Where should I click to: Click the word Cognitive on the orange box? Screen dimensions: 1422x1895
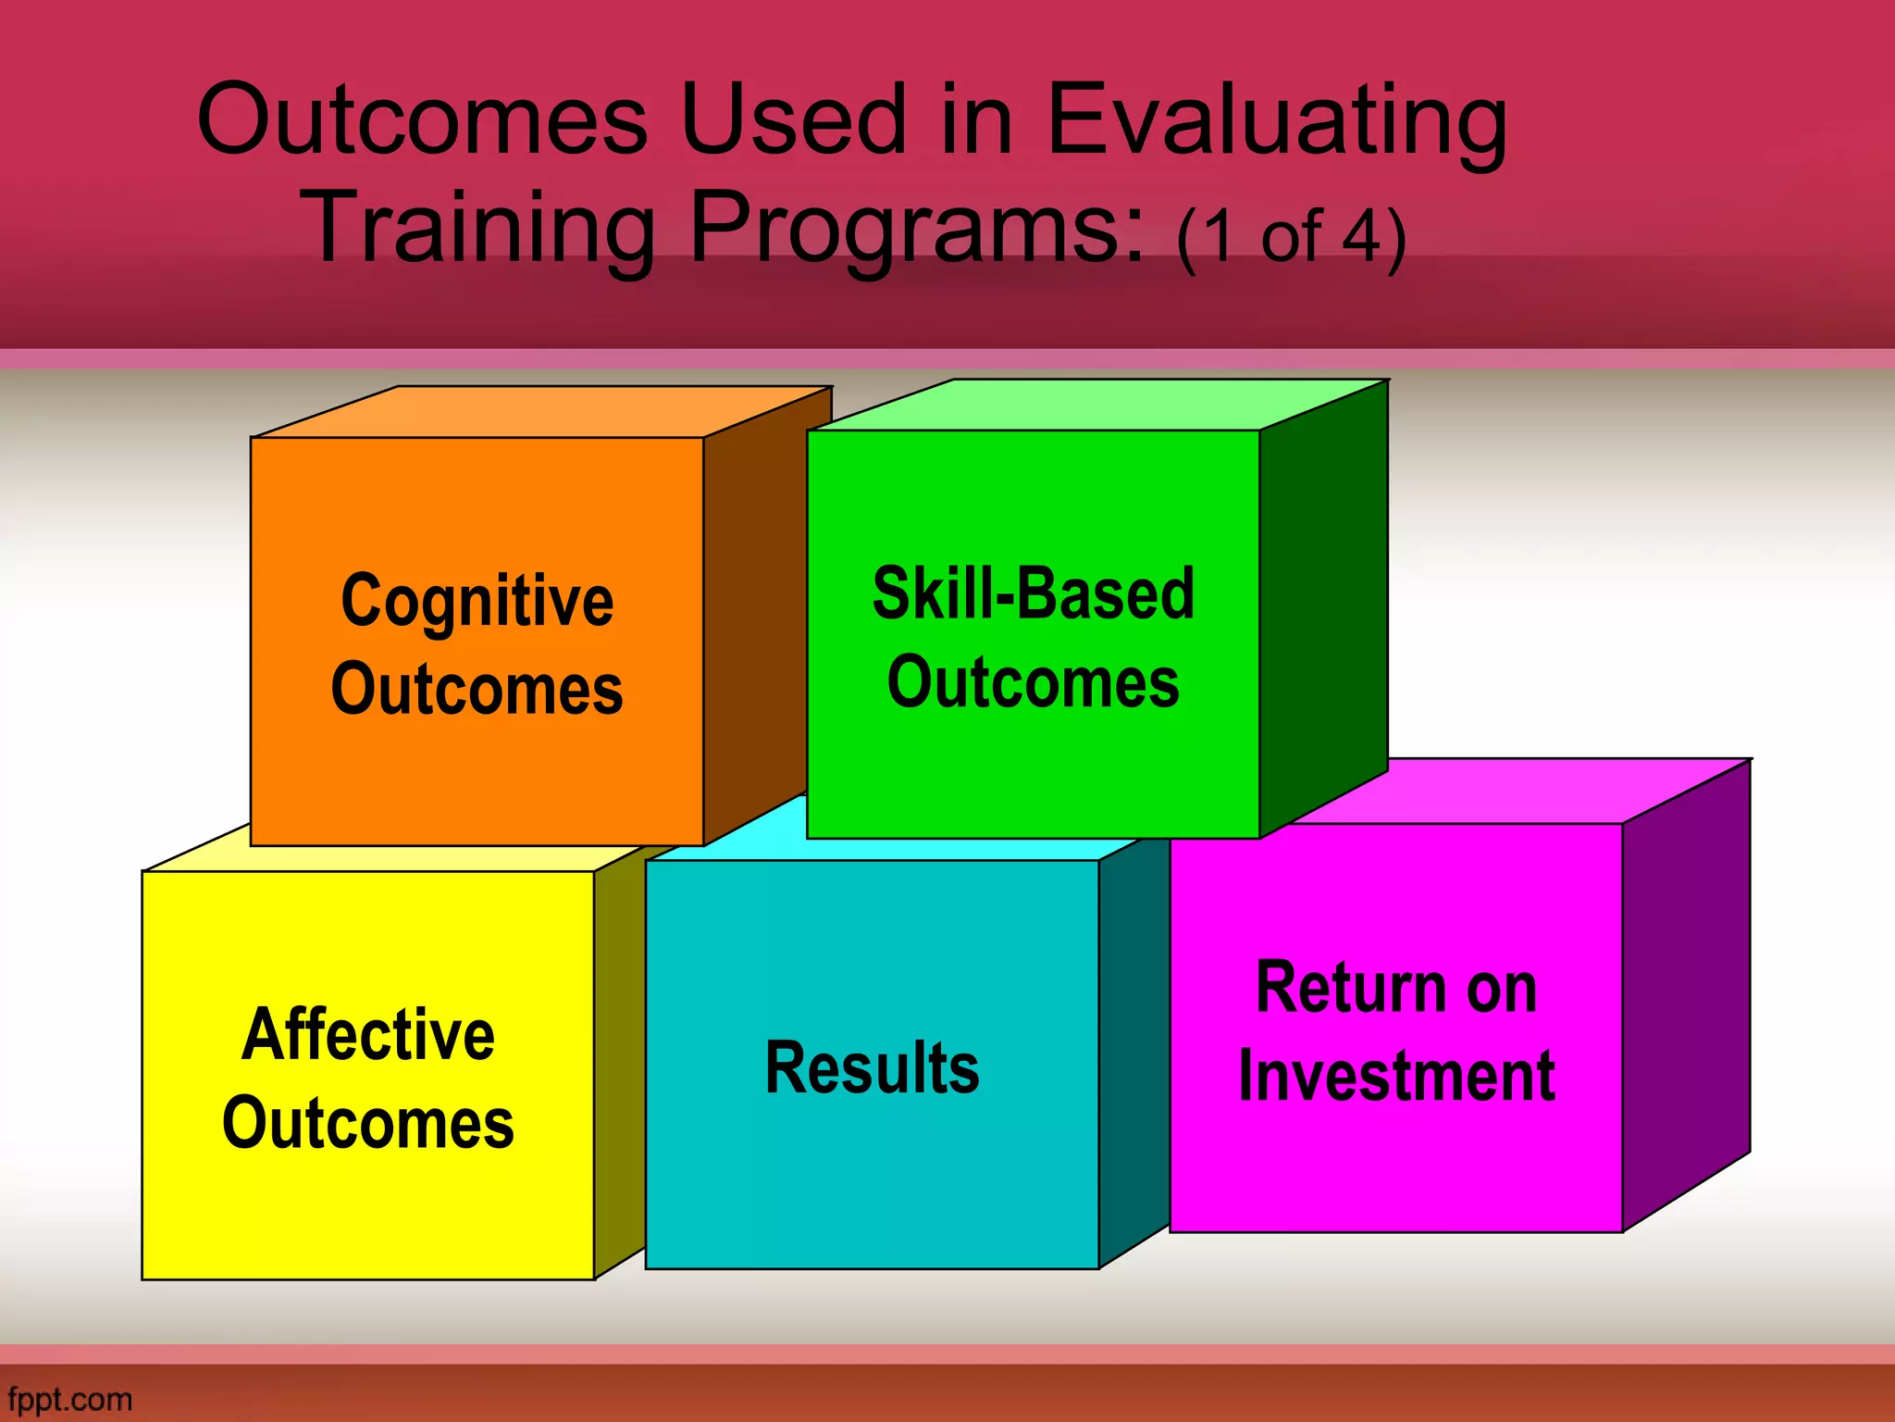point(477,602)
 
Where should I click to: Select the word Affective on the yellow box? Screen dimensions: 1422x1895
point(367,1034)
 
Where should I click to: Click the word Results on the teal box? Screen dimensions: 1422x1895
point(872,1067)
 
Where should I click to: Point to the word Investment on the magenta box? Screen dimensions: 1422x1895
point(1396,1076)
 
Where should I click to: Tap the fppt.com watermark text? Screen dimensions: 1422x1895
point(69,1399)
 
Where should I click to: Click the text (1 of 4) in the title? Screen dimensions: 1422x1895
point(1291,237)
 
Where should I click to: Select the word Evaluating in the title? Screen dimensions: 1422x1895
point(1277,120)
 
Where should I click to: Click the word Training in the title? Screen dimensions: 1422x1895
point(478,227)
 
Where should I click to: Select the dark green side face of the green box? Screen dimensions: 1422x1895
point(1323,602)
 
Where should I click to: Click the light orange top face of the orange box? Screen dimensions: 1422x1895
point(541,412)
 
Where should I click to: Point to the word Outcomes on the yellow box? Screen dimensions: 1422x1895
point(367,1123)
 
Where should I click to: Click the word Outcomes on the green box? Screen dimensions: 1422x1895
point(1033,682)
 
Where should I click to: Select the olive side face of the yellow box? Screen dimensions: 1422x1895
point(618,1065)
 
